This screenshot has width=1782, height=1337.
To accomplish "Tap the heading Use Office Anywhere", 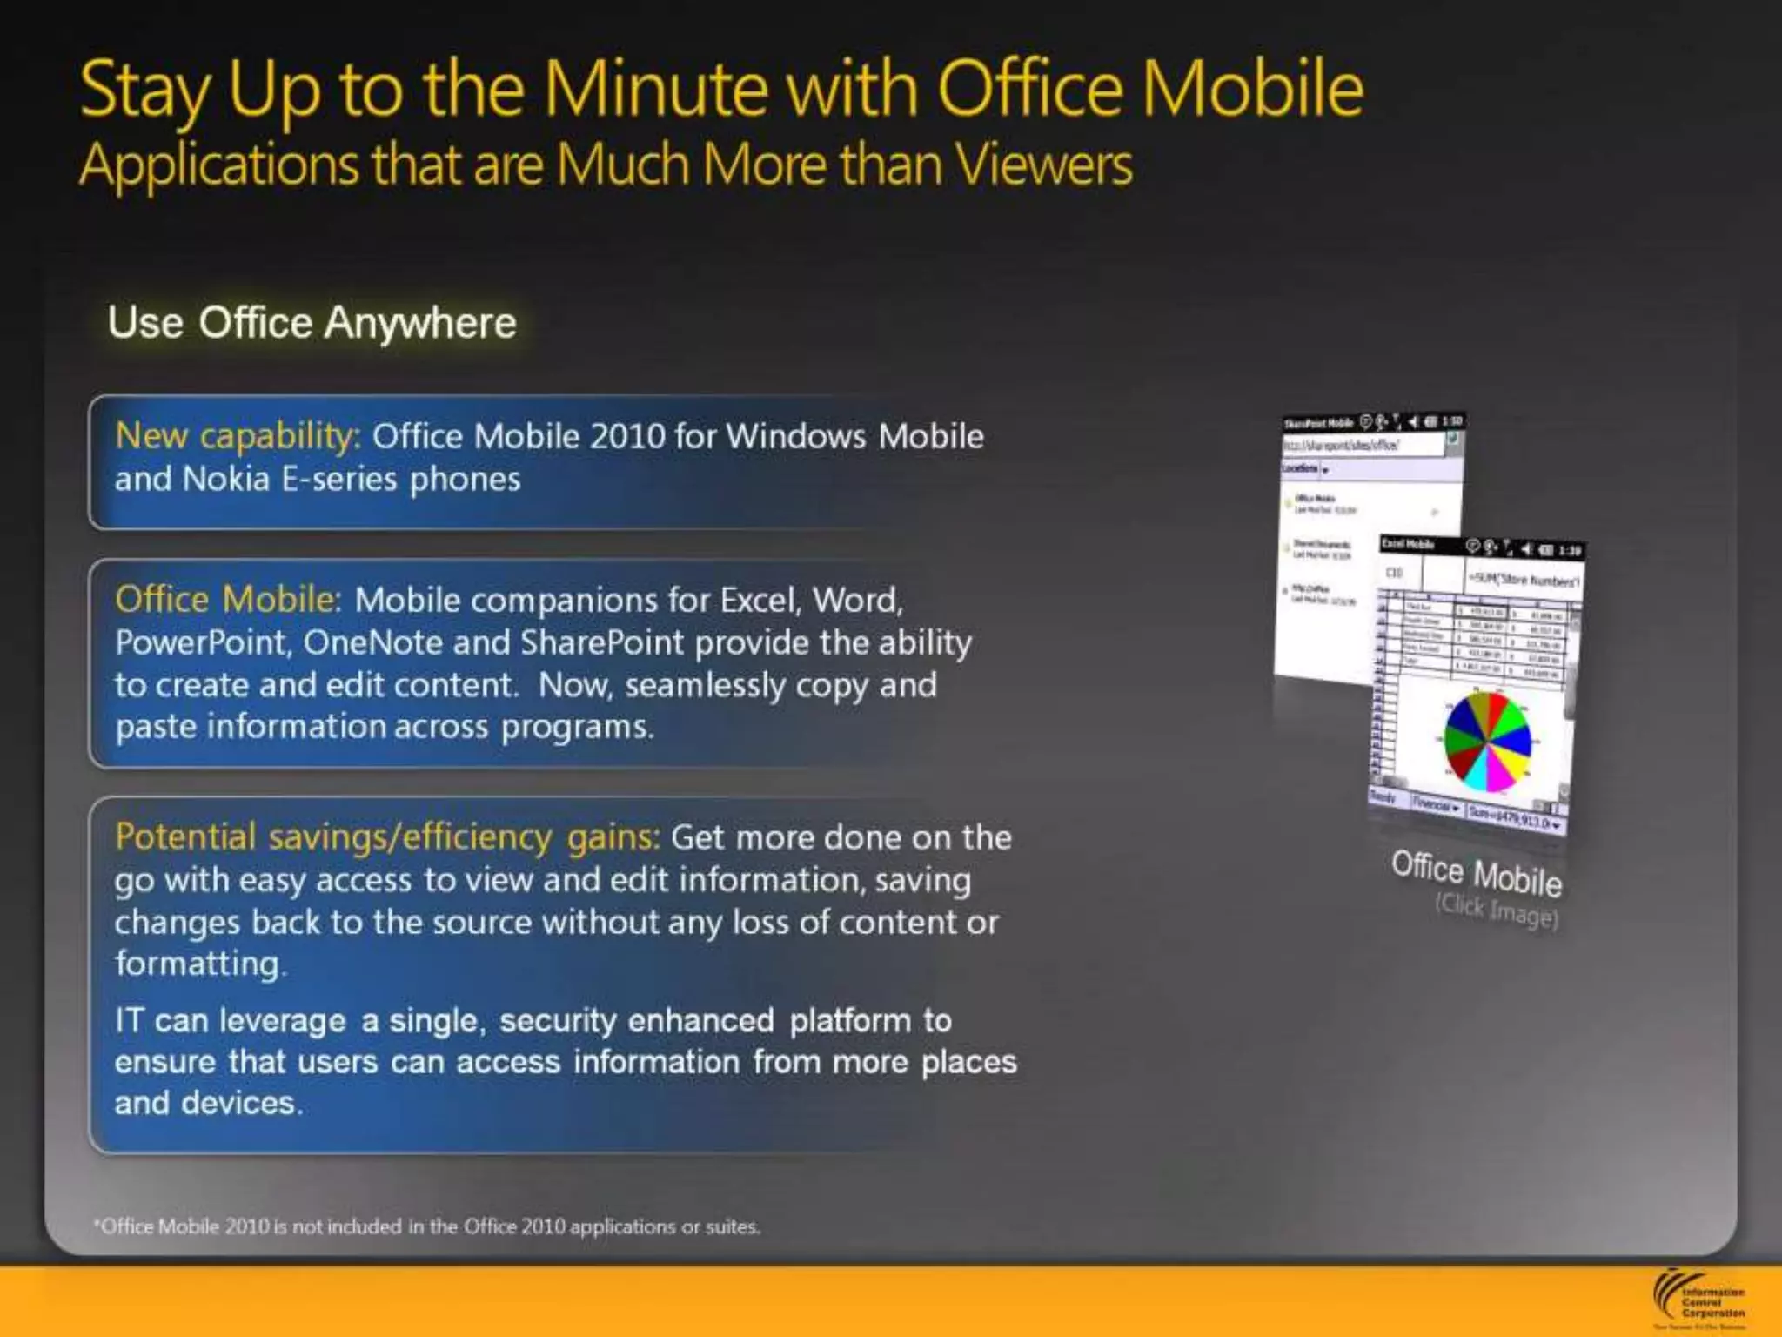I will [312, 323].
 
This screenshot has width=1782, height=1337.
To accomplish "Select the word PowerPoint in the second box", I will [202, 642].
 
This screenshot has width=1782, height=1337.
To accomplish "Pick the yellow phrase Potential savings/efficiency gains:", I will [387, 836].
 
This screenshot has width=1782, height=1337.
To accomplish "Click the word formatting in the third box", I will [198, 964].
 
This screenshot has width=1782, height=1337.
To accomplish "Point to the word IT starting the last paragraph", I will [128, 1020].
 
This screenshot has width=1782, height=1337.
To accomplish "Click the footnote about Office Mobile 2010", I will [426, 1226].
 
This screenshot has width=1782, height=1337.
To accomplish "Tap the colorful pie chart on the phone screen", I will [1487, 742].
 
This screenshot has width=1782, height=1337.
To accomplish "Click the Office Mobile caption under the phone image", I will [1476, 873].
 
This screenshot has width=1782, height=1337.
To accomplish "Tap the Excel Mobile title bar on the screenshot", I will [1479, 547].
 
